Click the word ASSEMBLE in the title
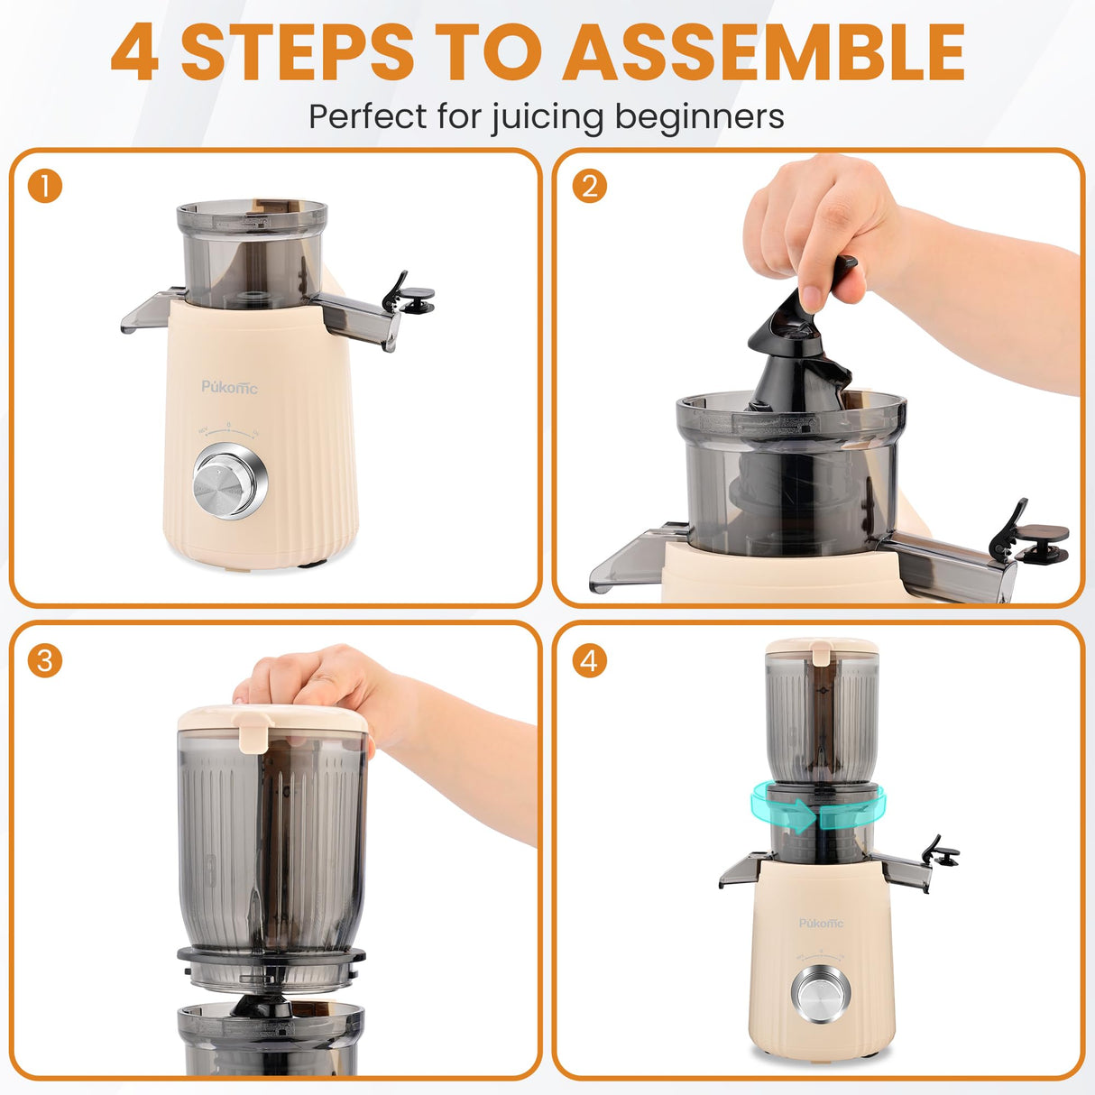[765, 52]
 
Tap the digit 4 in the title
[135, 54]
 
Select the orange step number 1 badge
[45, 187]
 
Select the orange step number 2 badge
[589, 187]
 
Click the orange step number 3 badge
[45, 660]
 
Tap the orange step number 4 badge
[589, 660]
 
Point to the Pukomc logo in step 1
[229, 387]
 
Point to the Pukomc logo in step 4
[821, 923]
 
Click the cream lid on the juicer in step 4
[821, 648]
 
